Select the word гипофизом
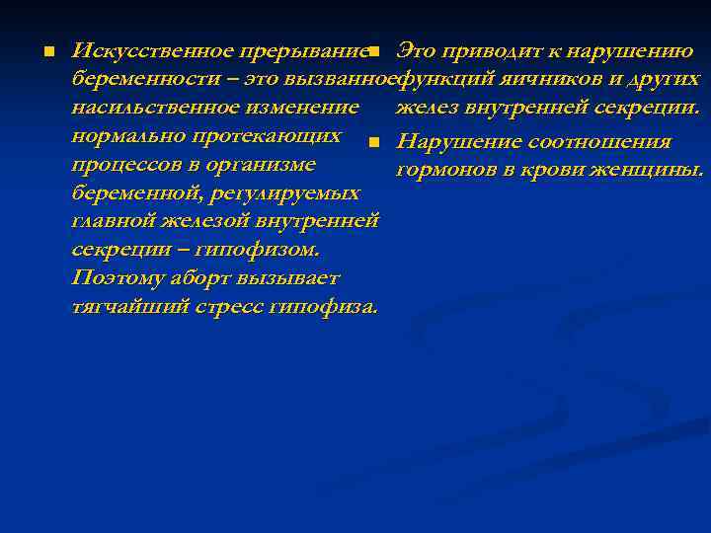coord(266,249)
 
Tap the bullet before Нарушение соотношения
coord(371,143)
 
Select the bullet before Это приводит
coord(371,50)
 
